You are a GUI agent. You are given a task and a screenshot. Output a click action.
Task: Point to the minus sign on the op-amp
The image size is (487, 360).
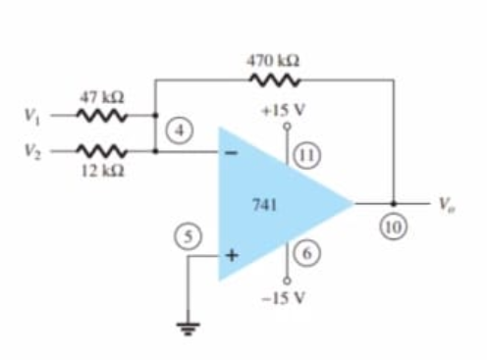[232, 153]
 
